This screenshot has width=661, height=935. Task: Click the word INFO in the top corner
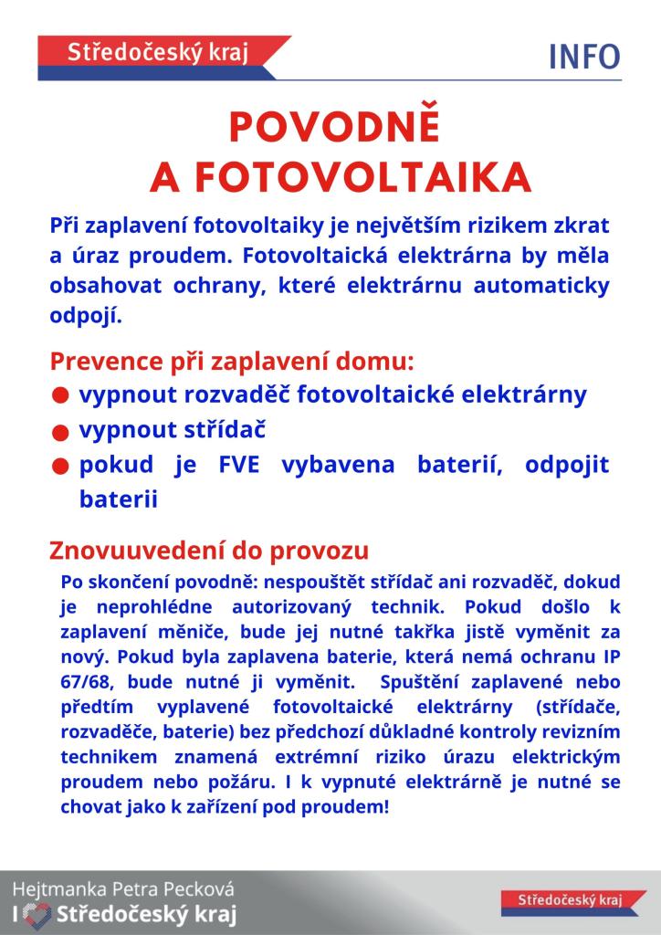click(x=584, y=58)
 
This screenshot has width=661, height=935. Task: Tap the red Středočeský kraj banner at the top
click(x=159, y=53)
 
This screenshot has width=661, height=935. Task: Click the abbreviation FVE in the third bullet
click(x=240, y=464)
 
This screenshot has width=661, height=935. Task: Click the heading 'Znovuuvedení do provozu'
click(x=209, y=551)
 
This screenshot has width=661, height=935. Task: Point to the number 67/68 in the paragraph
click(x=86, y=682)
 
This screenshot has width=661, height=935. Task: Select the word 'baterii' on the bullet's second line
click(x=119, y=499)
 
